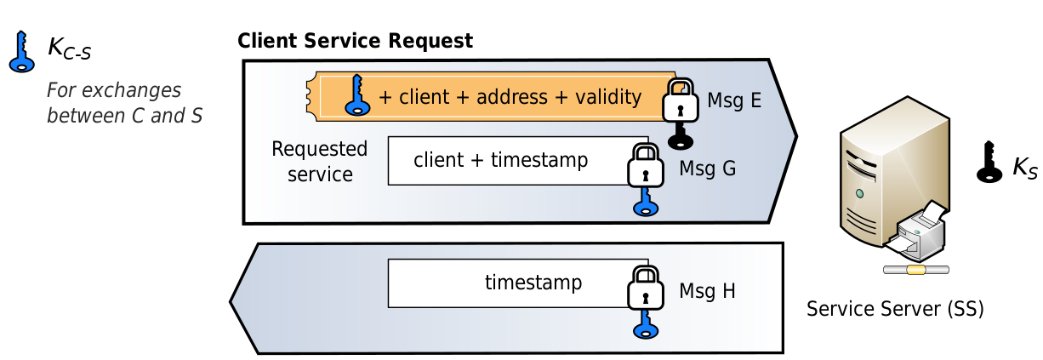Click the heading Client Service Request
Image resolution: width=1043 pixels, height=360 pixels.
355,41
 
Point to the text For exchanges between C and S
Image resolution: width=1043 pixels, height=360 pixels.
124,103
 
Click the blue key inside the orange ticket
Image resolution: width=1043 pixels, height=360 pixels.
356,94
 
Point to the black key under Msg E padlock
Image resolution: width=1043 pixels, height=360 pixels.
680,137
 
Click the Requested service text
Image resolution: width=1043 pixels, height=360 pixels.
319,162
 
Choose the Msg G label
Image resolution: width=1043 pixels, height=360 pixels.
706,169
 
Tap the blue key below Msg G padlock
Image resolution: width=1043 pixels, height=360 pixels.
645,202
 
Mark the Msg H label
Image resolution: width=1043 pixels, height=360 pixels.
706,291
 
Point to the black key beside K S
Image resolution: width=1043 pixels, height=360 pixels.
989,162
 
